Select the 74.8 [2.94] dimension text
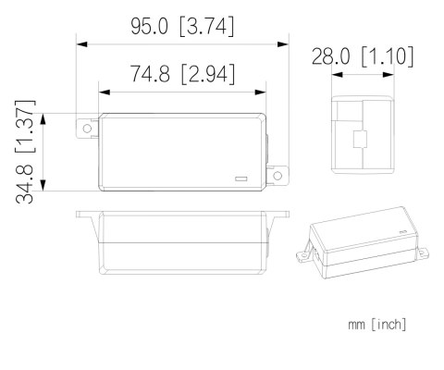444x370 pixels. pos(181,74)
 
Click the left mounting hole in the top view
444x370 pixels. pos(87,129)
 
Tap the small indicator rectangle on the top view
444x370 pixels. pos(241,177)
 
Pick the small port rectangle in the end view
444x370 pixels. pos(360,142)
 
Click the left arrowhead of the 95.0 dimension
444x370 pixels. pos(80,43)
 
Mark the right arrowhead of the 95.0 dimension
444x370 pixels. pos(288,43)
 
